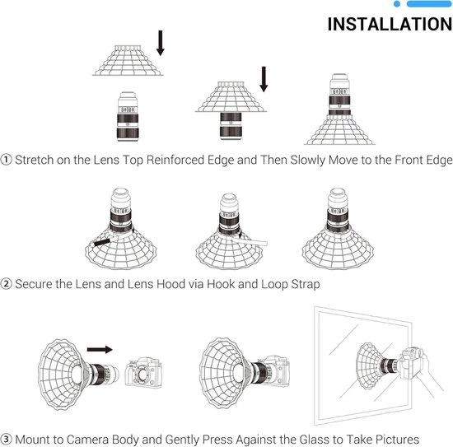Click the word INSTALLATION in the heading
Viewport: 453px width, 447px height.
[390, 24]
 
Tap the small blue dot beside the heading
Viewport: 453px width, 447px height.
[397, 4]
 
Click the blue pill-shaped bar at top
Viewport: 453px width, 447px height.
[429, 4]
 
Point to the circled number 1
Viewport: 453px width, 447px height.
[6, 160]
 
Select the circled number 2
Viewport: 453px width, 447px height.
[6, 284]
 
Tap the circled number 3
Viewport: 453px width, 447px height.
[6, 440]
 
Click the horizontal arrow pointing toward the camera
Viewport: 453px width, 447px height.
[100, 349]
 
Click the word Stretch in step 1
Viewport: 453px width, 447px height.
[34, 160]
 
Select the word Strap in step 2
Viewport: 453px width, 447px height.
[306, 285]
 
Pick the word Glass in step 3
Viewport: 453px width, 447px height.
[315, 440]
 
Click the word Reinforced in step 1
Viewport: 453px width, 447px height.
[175, 160]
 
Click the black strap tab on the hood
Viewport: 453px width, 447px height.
[102, 242]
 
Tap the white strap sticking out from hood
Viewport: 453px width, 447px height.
[249, 241]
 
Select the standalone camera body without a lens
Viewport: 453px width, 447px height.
[143, 372]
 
